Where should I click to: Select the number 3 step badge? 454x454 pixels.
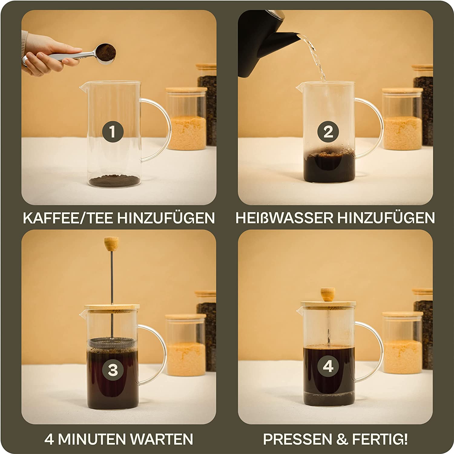113,370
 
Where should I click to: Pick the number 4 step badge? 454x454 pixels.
328,367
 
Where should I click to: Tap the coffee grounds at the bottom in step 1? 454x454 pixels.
113,181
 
